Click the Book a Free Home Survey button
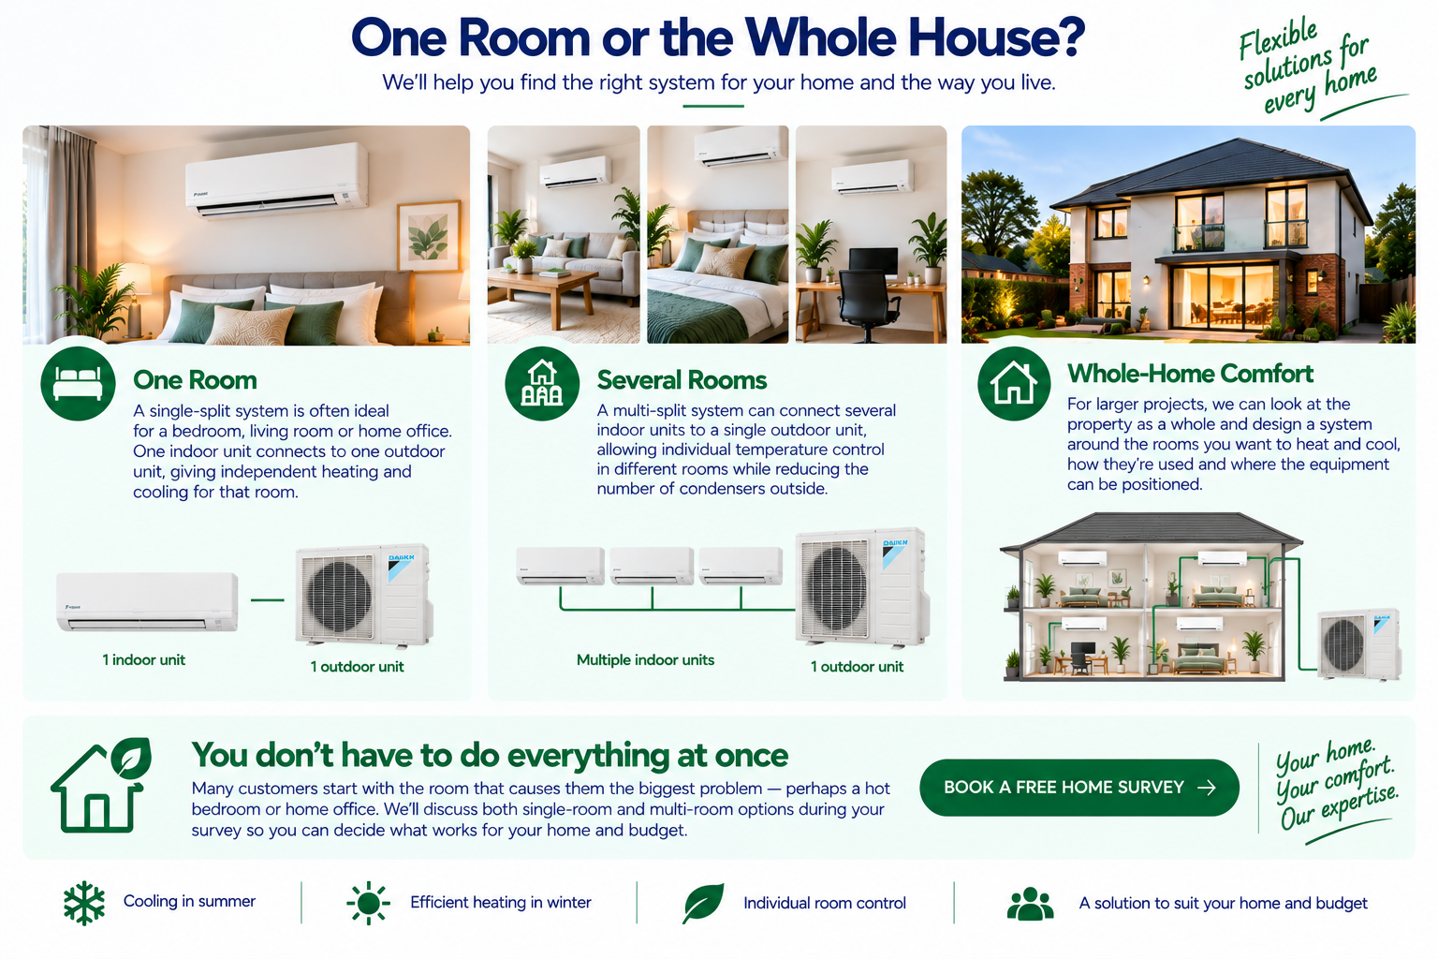1079,788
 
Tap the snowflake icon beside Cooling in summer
84,903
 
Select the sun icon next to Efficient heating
369,903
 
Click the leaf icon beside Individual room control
703,903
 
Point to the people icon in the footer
1030,904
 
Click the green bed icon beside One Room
78,383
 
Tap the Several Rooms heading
682,380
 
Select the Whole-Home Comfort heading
1190,373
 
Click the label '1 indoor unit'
144,659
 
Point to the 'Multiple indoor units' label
645,659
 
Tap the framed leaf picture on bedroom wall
429,236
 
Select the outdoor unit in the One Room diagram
364,595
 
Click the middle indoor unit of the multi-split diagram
652,566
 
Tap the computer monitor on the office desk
873,262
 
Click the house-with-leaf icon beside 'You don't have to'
101,785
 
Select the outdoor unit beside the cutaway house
1358,644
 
